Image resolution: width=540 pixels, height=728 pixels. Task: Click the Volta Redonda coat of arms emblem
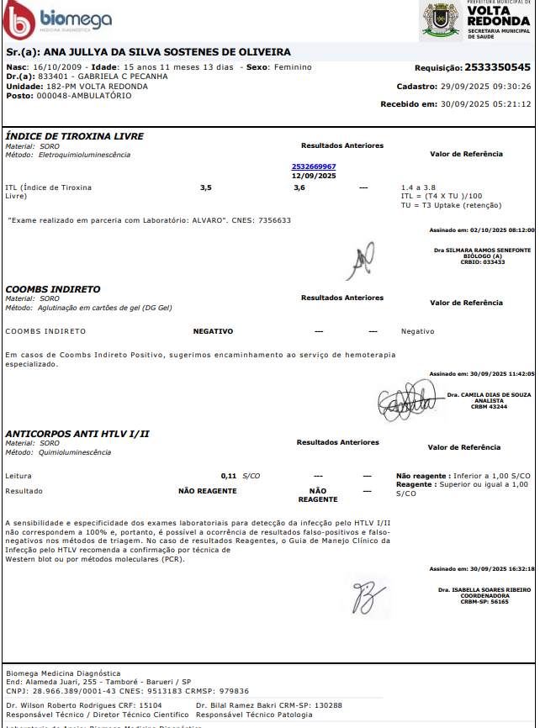click(441, 20)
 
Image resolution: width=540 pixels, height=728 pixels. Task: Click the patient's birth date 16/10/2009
click(60, 67)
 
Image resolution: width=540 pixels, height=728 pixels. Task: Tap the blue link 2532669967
click(314, 167)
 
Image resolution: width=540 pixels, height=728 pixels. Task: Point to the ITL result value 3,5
click(206, 187)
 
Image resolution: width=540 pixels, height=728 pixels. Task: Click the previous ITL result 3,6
click(299, 187)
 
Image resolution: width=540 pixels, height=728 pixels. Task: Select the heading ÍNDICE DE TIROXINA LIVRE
click(75, 136)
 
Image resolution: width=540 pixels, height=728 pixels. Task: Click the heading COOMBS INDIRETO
click(53, 288)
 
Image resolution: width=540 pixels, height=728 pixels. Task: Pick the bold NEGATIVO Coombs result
click(213, 331)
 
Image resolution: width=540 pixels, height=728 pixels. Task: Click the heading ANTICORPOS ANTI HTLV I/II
click(77, 434)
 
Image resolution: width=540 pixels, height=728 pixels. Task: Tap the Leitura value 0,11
click(228, 476)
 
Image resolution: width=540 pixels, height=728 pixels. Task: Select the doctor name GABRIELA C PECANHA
click(122, 76)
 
